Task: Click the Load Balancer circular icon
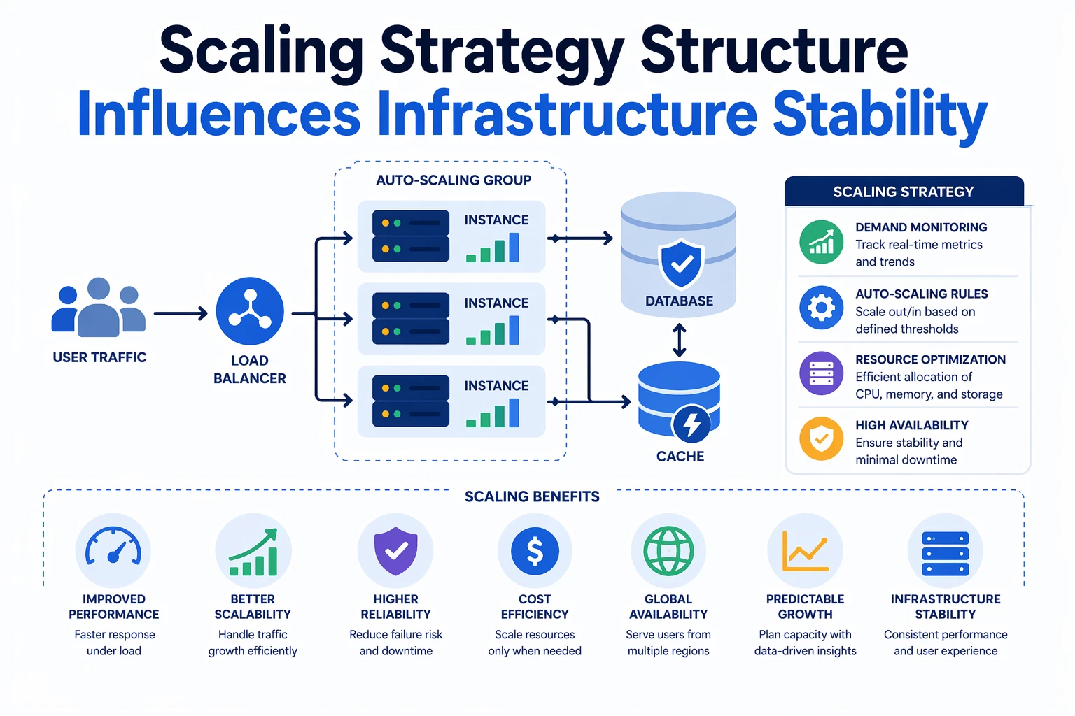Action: coord(250,311)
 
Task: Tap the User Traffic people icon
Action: coord(99,309)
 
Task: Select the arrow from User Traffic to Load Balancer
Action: coord(181,314)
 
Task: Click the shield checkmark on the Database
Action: coord(681,264)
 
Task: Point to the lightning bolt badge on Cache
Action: coord(691,424)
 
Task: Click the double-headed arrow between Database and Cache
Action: coord(679,341)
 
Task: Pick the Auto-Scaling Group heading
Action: coord(454,180)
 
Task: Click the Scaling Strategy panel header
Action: coord(904,192)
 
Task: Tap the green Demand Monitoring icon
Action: coord(821,242)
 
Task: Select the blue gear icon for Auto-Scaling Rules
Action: coord(821,308)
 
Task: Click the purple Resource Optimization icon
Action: coord(821,373)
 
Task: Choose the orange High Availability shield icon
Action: coord(821,439)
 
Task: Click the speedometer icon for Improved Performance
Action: coord(113,550)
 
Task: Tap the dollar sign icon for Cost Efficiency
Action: coord(535,551)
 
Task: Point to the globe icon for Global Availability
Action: coord(668,551)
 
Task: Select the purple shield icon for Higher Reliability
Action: coord(395,551)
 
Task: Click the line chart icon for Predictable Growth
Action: coord(805,551)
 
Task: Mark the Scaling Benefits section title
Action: coord(532,496)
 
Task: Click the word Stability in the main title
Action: coord(879,115)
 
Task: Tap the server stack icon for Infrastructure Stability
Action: coord(945,552)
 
